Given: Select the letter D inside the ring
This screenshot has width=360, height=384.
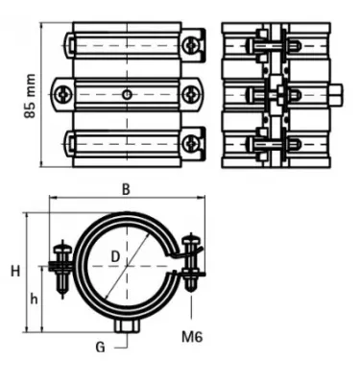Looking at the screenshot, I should click(114, 255).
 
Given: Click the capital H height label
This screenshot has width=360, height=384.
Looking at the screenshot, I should click(15, 272).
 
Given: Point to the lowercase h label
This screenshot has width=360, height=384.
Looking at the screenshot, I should click(35, 299).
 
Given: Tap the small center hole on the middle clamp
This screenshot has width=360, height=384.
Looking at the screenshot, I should click(128, 94).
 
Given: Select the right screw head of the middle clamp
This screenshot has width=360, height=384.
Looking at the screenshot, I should click(191, 94).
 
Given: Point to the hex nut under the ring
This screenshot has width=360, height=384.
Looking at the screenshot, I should click(126, 327).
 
